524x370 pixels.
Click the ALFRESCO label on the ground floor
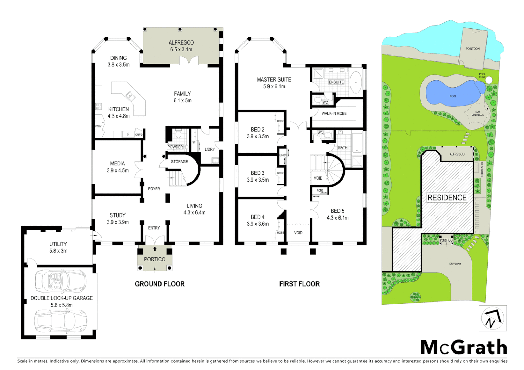(x=181, y=43)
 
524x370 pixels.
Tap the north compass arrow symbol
(x=492, y=318)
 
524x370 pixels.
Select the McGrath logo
(x=464, y=347)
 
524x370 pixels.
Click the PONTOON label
(x=473, y=49)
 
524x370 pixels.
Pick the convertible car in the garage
(x=61, y=280)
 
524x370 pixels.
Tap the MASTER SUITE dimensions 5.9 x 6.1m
(x=274, y=87)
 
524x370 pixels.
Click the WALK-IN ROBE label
(x=334, y=113)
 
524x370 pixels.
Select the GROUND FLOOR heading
(x=160, y=284)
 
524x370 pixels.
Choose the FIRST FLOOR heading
(x=299, y=284)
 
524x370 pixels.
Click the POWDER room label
(x=175, y=147)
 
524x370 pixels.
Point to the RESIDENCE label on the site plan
(x=447, y=198)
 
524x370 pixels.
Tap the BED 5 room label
(x=337, y=211)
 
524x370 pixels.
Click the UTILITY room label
(x=58, y=244)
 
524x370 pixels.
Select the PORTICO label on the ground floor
(x=155, y=259)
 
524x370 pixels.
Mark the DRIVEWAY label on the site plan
(x=455, y=264)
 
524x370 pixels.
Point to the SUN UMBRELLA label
(x=477, y=113)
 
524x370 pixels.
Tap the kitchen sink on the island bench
(x=130, y=96)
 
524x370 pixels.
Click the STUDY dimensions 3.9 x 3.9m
(x=118, y=222)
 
